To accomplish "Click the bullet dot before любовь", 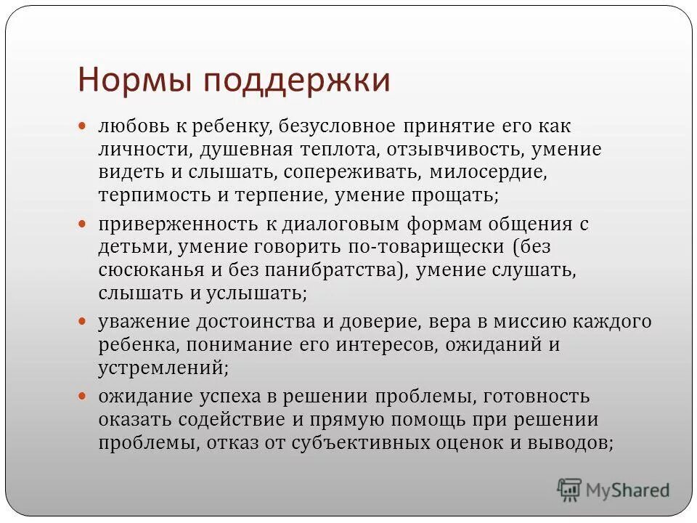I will (83, 126).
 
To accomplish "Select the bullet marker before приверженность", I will (83, 224).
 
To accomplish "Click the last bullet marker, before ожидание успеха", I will (83, 396).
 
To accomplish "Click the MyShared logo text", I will (629, 491).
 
